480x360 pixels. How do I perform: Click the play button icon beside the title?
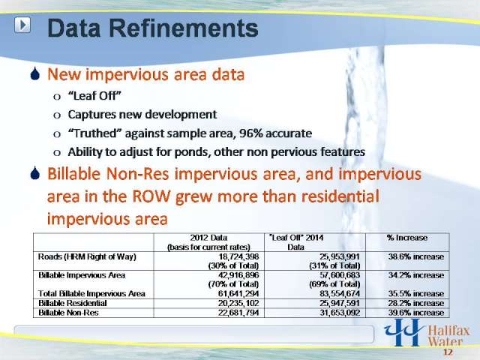click(x=22, y=25)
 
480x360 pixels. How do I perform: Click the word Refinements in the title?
click(x=181, y=28)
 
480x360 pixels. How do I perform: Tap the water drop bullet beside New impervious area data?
click(x=35, y=73)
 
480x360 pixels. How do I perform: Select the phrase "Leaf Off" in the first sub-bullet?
click(x=94, y=96)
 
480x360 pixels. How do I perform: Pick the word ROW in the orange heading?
click(x=151, y=196)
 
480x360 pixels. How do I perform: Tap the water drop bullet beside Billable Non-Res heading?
click(x=35, y=173)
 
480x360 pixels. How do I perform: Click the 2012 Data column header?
click(x=208, y=242)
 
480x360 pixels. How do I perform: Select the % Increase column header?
click(x=406, y=238)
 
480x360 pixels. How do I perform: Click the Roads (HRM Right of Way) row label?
click(x=87, y=256)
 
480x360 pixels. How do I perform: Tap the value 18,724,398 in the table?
click(x=238, y=256)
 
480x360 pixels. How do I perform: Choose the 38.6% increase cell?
click(x=416, y=256)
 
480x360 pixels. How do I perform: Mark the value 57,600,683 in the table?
click(x=340, y=275)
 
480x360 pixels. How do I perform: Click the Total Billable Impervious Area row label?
click(x=91, y=293)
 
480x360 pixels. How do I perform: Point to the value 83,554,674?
click(x=340, y=294)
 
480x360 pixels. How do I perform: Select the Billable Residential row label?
click(x=73, y=303)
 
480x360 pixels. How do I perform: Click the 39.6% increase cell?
click(x=416, y=313)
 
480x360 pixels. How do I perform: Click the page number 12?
click(x=448, y=352)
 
